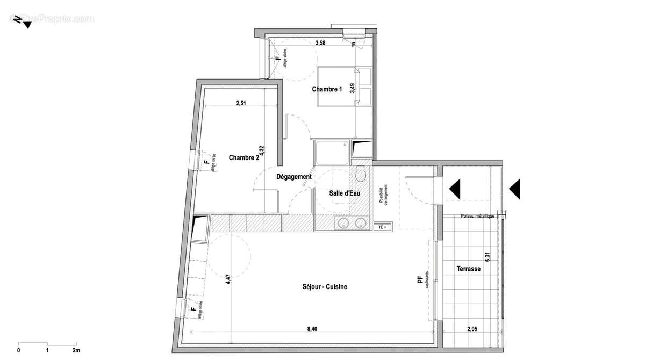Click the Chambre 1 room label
(x=327, y=90)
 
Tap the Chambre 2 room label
(x=244, y=157)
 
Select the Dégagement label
(x=294, y=177)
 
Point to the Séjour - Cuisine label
(x=325, y=287)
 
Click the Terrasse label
(x=469, y=269)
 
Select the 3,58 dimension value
(x=320, y=43)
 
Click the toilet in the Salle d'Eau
(x=361, y=174)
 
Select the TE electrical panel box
(x=382, y=227)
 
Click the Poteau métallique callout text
(x=477, y=216)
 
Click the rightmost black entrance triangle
(x=515, y=189)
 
